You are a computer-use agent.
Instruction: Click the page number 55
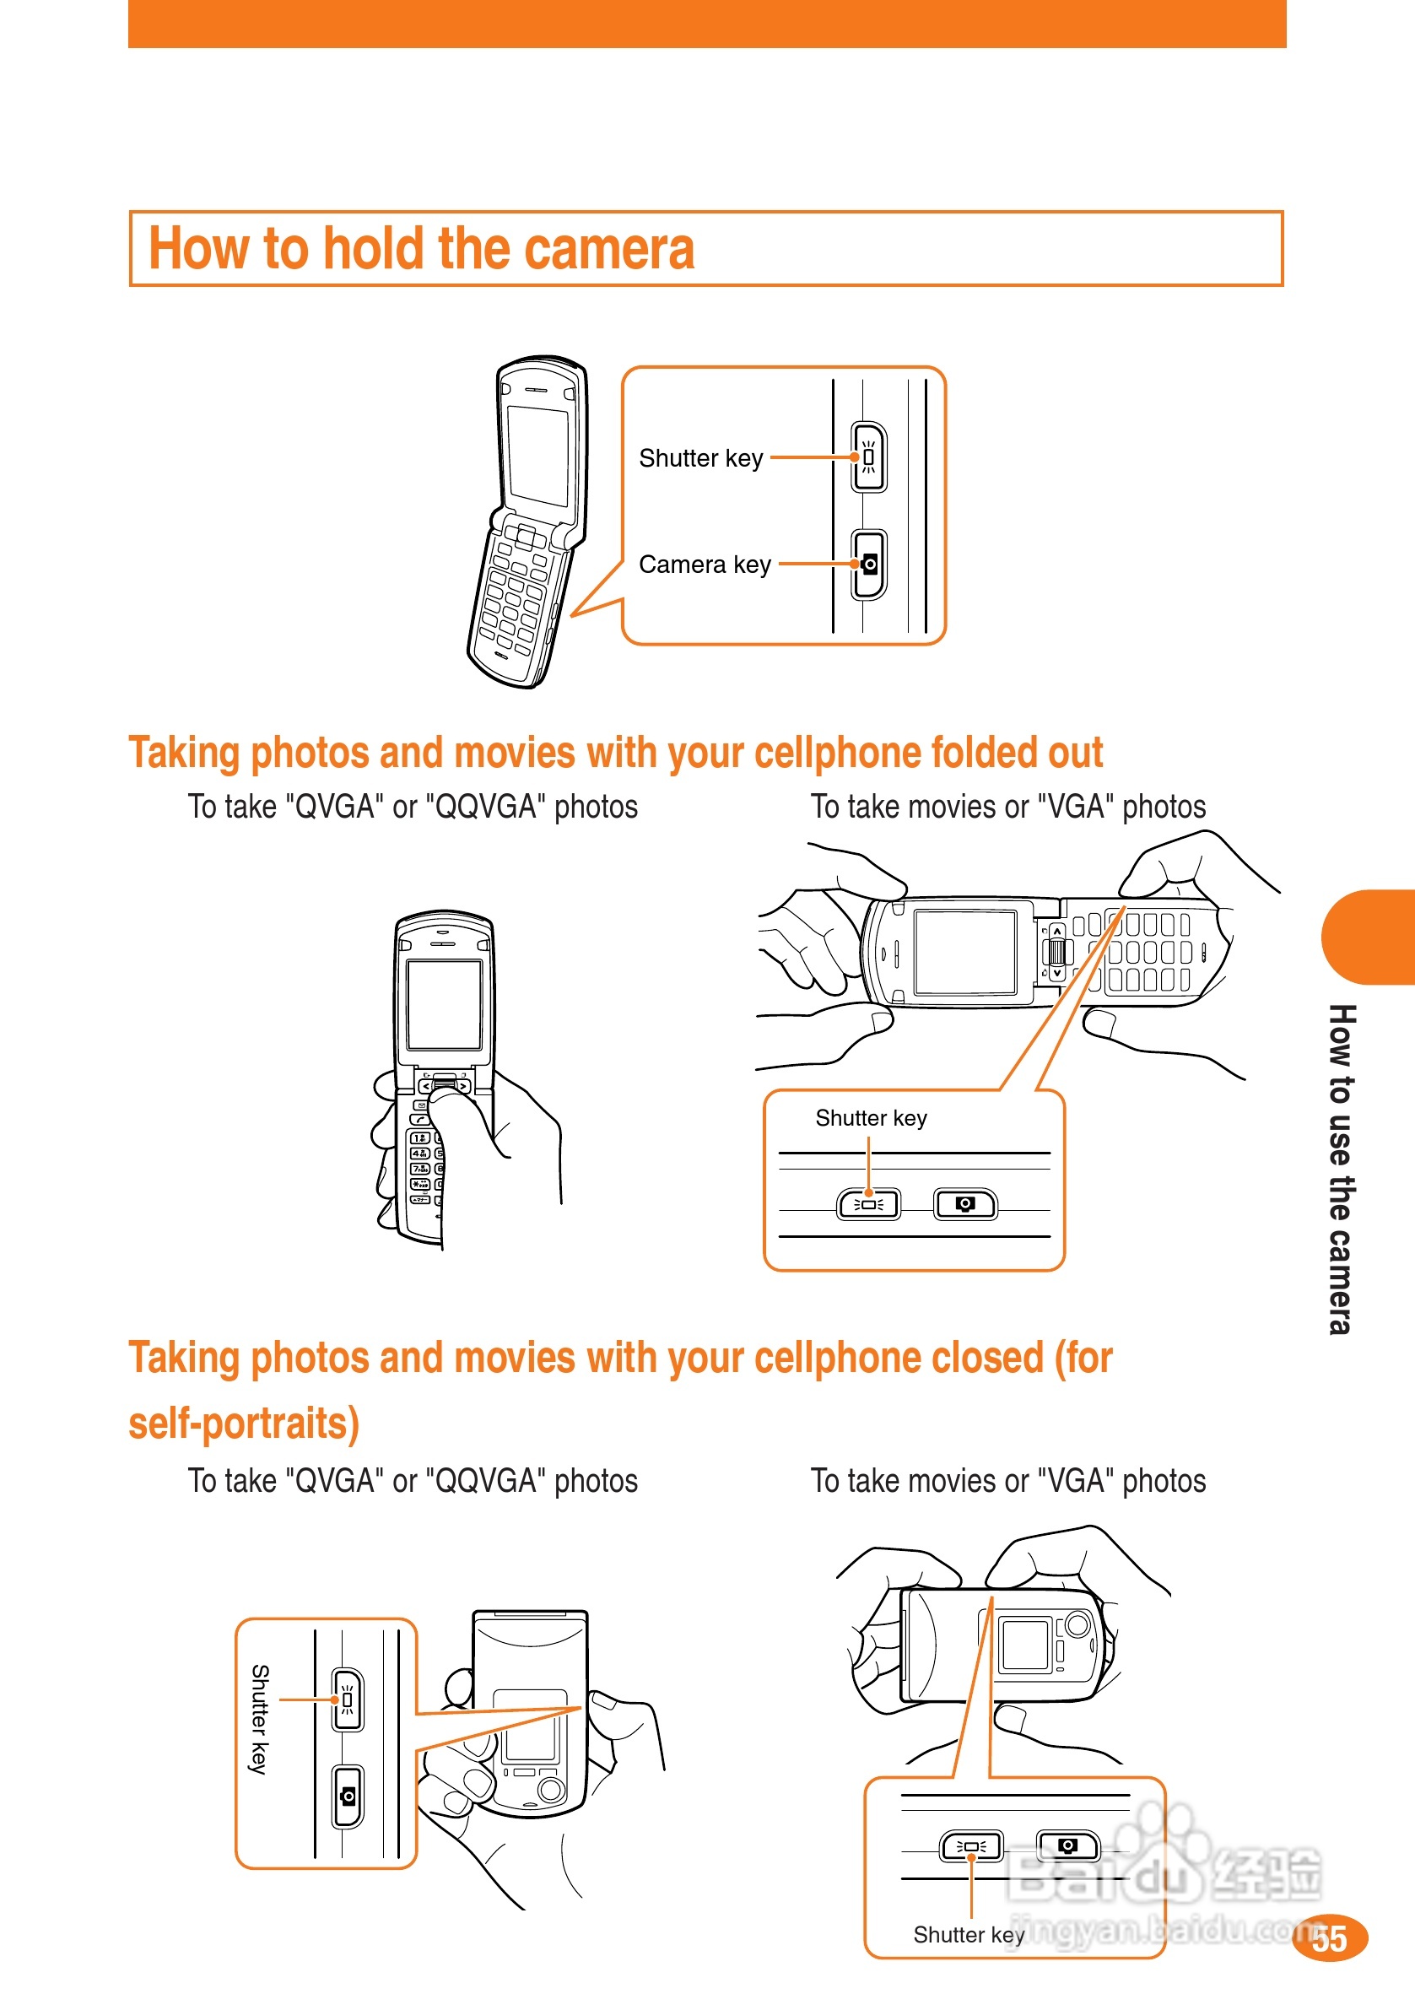[x=1329, y=1938]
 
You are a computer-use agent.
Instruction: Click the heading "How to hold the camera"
[x=421, y=249]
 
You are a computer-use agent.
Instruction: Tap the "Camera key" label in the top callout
[x=705, y=565]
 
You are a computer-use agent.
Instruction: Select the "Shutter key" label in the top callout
[x=700, y=459]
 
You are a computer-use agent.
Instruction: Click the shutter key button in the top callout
[x=868, y=457]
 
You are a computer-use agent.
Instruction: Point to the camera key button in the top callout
[x=868, y=565]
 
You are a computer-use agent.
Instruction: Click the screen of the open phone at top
[x=537, y=454]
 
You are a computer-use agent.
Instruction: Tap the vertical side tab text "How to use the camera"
[x=1341, y=1168]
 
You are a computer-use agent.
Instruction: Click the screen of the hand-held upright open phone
[x=444, y=1005]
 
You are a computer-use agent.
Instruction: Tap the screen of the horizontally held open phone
[x=965, y=952]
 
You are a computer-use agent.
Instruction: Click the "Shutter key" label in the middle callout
[x=871, y=1118]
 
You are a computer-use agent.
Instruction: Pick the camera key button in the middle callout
[x=965, y=1204]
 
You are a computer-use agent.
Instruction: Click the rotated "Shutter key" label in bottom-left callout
[x=259, y=1719]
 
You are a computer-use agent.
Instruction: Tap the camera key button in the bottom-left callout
[x=348, y=1797]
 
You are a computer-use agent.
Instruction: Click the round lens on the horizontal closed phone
[x=1077, y=1626]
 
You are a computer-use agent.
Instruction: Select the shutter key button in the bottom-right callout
[x=971, y=1846]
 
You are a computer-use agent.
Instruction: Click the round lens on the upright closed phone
[x=551, y=1789]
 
